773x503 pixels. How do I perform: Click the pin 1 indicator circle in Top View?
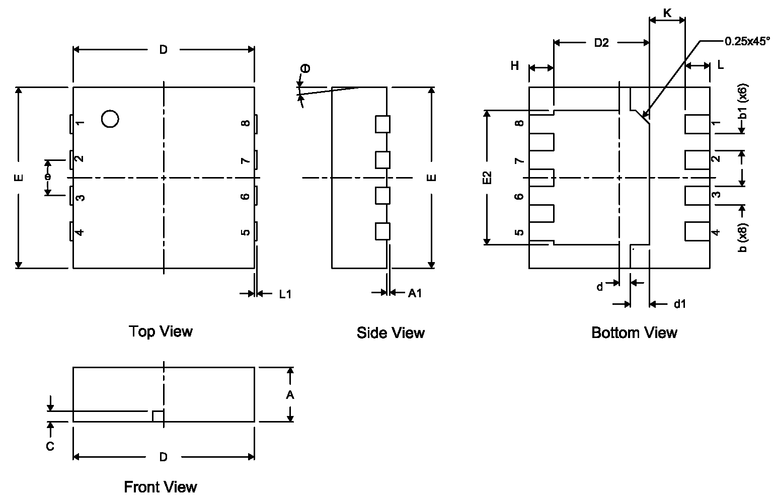pyautogui.click(x=110, y=119)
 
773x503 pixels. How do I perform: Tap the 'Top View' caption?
pyautogui.click(x=161, y=331)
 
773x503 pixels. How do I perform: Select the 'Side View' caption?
pyautogui.click(x=391, y=333)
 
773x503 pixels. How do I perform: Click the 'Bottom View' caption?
pyautogui.click(x=634, y=333)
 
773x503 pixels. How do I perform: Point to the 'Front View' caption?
pyautogui.click(x=161, y=487)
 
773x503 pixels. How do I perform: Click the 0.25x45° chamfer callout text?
pyautogui.click(x=747, y=42)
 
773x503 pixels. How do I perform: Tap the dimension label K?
pyautogui.click(x=667, y=13)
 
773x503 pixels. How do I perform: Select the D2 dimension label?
pyautogui.click(x=601, y=43)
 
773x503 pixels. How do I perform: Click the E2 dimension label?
pyautogui.click(x=487, y=178)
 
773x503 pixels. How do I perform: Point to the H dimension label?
pyautogui.click(x=514, y=66)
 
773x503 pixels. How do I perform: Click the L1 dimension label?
pyautogui.click(x=285, y=294)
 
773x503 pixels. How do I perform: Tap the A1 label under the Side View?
pyautogui.click(x=415, y=294)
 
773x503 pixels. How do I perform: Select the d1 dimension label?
pyautogui.click(x=680, y=304)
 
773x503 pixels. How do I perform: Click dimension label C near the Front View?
pyautogui.click(x=50, y=446)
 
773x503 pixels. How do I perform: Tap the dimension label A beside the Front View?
pyautogui.click(x=290, y=395)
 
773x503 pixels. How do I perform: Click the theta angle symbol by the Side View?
pyautogui.click(x=305, y=69)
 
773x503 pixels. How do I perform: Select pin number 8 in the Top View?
pyautogui.click(x=245, y=123)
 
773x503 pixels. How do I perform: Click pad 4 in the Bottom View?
pyautogui.click(x=697, y=231)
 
